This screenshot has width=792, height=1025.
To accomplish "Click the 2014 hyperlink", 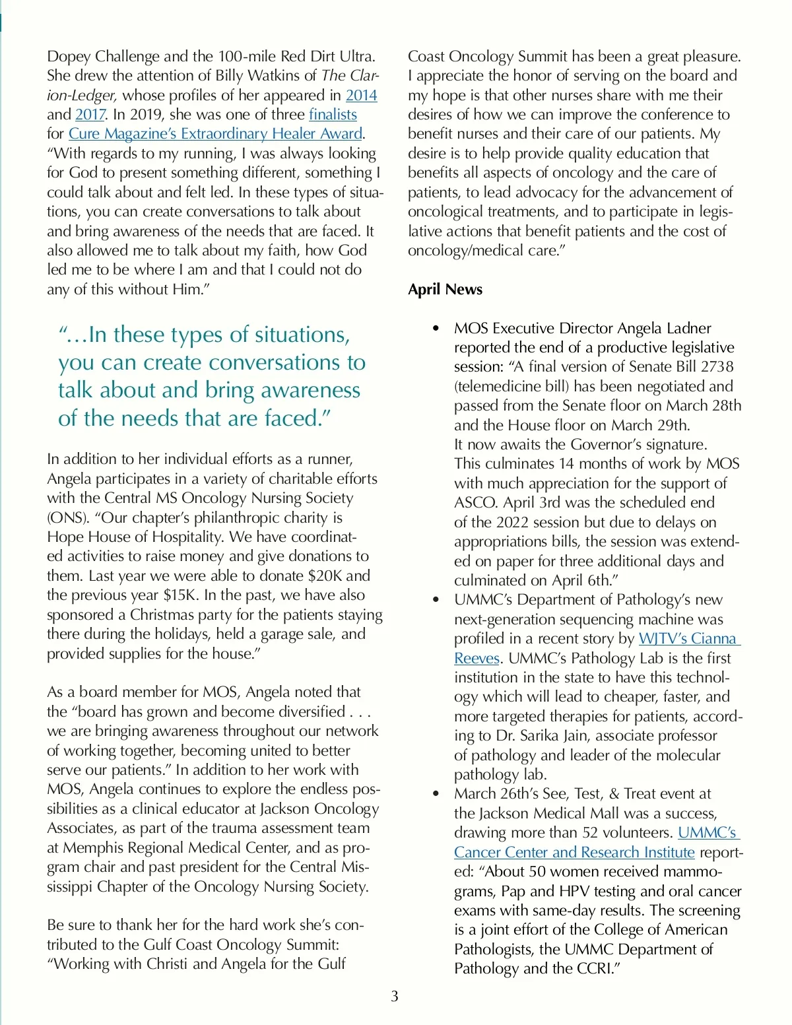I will pyautogui.click(x=361, y=95).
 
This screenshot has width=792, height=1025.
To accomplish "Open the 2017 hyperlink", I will pyautogui.click(x=90, y=114).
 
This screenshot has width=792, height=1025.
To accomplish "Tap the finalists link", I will pyautogui.click(x=333, y=114).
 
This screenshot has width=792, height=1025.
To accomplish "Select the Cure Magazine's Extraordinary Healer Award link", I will pyautogui.click(x=216, y=133).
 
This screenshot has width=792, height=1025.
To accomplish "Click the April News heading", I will pyautogui.click(x=445, y=289).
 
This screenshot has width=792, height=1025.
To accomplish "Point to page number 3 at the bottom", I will pyautogui.click(x=395, y=996).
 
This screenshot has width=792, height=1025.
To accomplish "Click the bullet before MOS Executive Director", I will pyautogui.click(x=436, y=329).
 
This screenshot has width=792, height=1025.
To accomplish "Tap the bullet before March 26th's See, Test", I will pyautogui.click(x=436, y=794).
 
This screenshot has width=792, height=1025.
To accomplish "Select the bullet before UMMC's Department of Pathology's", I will pyautogui.click(x=436, y=600).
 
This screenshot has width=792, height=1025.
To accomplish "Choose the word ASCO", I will pyautogui.click(x=476, y=502).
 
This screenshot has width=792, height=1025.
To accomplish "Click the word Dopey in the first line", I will pyautogui.click(x=70, y=56).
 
